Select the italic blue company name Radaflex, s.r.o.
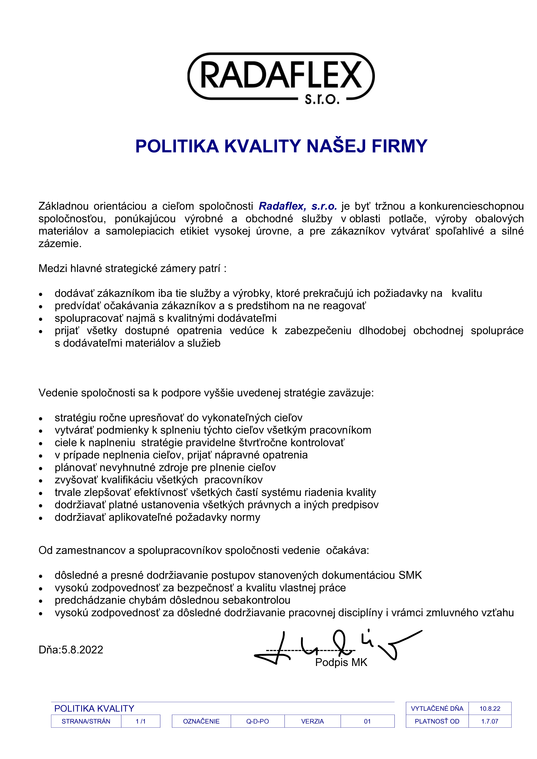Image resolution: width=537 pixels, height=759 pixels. tap(298, 206)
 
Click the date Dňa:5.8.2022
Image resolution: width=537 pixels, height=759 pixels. tap(71, 650)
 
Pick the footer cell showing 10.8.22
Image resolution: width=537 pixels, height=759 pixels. tap(490, 708)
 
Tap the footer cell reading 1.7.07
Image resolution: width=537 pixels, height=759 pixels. tap(490, 721)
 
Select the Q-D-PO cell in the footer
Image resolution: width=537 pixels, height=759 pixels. tap(258, 721)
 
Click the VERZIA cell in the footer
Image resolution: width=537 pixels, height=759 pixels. tap(313, 721)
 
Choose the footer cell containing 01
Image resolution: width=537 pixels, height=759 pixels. tap(367, 721)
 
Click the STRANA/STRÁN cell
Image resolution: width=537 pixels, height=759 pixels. tap(86, 721)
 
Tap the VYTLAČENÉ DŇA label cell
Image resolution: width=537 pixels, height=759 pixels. tap(437, 708)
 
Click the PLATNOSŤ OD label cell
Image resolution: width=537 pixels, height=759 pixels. tap(437, 721)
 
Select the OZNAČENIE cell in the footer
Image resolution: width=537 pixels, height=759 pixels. tap(201, 721)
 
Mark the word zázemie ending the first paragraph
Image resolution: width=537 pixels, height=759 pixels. tap(60, 244)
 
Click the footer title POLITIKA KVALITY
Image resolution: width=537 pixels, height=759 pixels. tap(94, 708)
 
